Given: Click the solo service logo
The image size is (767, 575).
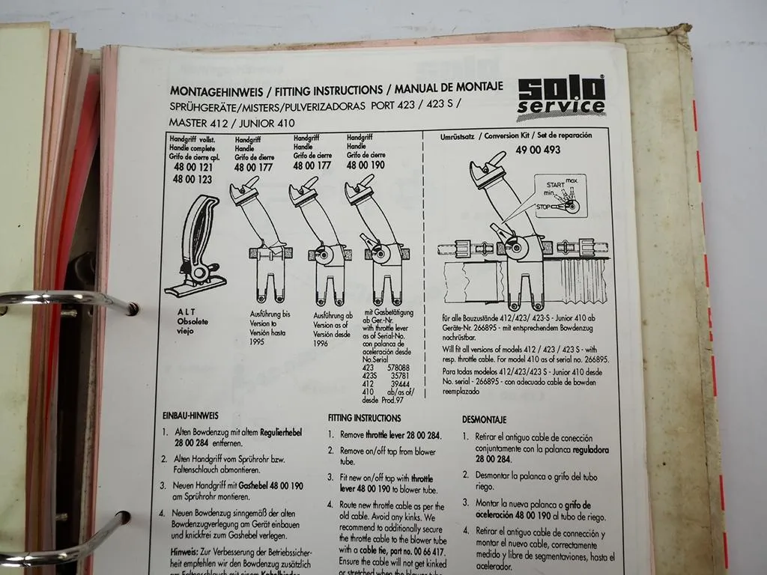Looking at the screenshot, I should click(x=561, y=97).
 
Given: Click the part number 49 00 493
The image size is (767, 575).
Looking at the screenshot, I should click(x=537, y=150).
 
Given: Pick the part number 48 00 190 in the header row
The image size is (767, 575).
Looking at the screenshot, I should click(x=366, y=165).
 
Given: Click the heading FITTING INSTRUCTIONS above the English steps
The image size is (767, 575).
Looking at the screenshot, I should click(x=364, y=419).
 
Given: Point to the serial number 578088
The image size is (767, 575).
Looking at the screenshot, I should click(x=396, y=368).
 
